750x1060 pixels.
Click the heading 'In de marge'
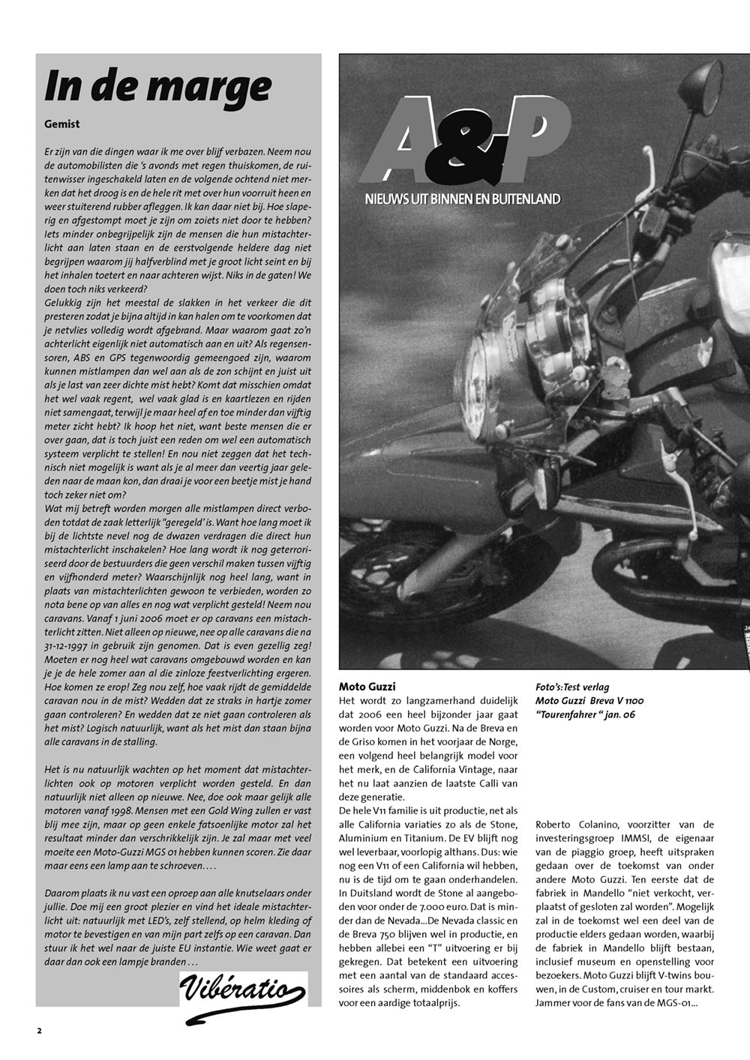pos(157,85)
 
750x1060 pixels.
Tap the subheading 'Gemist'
pos(62,124)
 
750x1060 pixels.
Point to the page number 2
pos(39,1031)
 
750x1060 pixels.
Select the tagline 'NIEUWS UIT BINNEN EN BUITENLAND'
pos(463,199)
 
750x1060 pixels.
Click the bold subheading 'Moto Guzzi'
pos(367,687)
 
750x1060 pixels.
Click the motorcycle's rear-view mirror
pos(700,88)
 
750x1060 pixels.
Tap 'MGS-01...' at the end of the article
pos(670,1002)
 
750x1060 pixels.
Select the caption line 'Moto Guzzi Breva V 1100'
pos(589,701)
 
